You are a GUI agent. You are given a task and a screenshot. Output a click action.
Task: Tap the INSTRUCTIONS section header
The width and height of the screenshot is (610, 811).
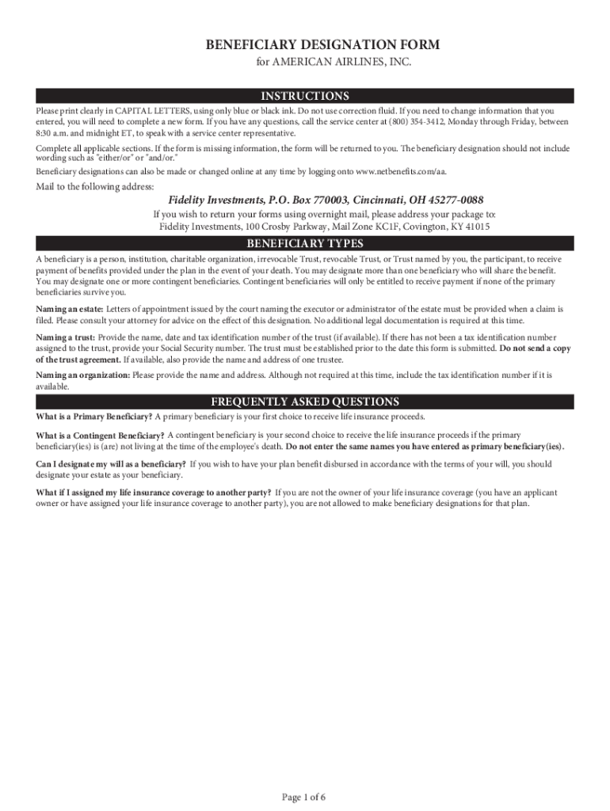tap(305, 97)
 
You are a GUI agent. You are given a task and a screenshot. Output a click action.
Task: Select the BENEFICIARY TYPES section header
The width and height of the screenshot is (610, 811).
tap(305, 243)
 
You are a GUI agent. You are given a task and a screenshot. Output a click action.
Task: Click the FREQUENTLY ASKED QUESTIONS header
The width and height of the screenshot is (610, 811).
tap(305, 402)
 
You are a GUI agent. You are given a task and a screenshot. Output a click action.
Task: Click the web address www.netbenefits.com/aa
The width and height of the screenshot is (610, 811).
tap(407, 172)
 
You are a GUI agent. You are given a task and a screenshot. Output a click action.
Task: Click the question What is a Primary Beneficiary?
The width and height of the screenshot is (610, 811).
tap(94, 417)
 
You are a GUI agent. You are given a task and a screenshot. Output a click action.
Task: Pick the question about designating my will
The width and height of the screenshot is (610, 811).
tap(111, 464)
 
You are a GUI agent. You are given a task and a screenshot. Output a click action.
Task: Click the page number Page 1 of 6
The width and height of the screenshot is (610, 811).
tap(304, 797)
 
